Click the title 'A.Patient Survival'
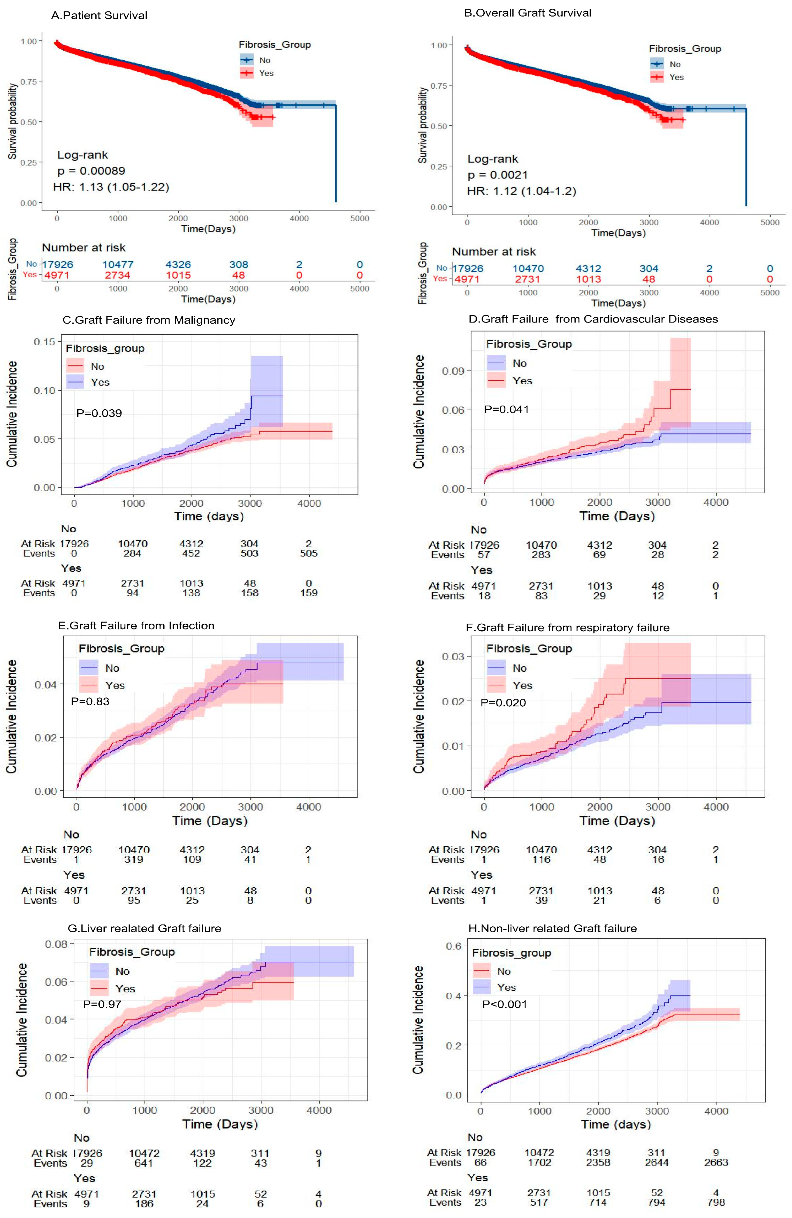click(x=99, y=15)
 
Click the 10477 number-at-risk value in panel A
click(x=118, y=265)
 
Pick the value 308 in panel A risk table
click(x=239, y=265)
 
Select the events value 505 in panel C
click(x=309, y=553)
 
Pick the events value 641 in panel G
click(x=144, y=1163)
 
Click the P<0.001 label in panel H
click(x=504, y=1004)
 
